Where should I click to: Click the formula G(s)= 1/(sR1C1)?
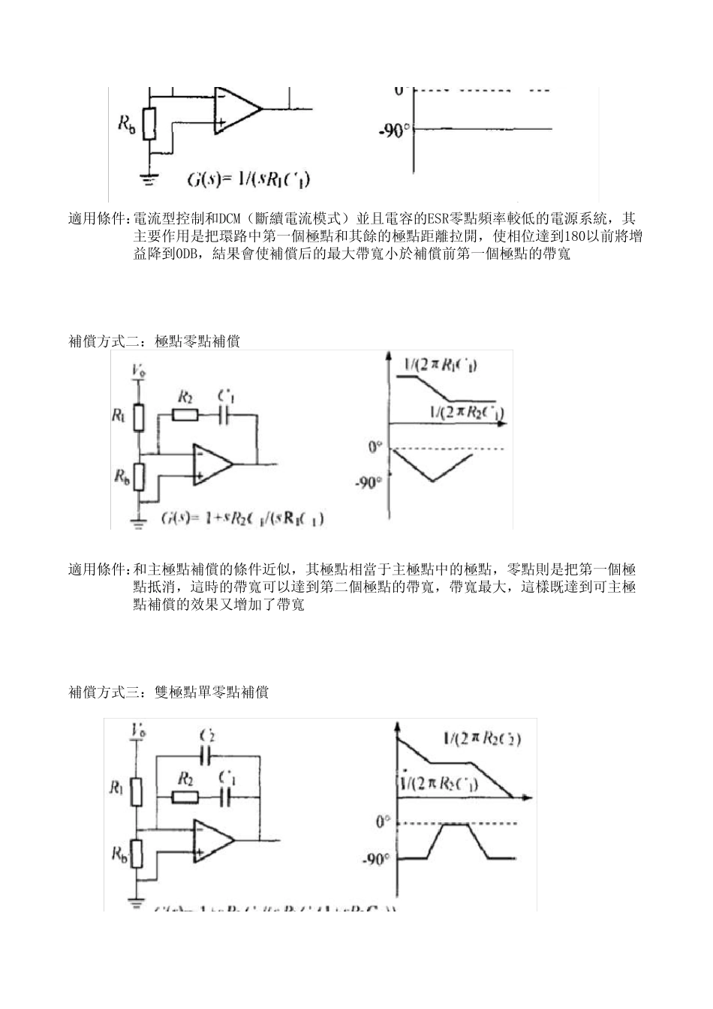click(249, 179)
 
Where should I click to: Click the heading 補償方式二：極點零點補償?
click(154, 341)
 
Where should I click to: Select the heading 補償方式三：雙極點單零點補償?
click(168, 692)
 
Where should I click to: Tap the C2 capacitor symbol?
click(207, 754)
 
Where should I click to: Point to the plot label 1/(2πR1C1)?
click(440, 365)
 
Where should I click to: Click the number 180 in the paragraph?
click(574, 236)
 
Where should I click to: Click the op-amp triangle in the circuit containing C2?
click(212, 839)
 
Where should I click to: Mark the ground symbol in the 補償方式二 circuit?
click(137, 523)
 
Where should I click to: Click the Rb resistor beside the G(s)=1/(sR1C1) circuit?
click(150, 124)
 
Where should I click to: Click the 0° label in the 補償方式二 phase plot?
click(375, 448)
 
